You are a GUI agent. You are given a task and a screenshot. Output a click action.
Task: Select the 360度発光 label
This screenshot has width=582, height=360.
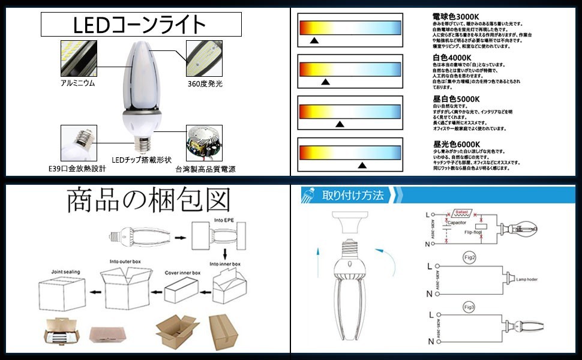click(x=205, y=84)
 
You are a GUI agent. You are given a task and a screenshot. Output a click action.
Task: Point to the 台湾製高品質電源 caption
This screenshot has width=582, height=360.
click(x=206, y=169)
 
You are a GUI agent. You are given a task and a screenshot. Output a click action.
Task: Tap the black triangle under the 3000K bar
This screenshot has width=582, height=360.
click(x=313, y=41)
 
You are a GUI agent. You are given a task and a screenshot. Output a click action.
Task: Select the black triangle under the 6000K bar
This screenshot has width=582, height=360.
click(x=362, y=165)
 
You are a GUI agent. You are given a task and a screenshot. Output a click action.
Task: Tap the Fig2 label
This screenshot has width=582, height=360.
click(x=470, y=258)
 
